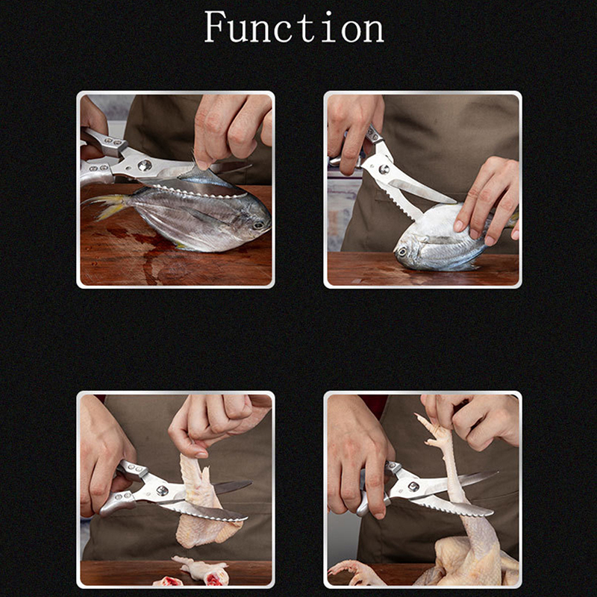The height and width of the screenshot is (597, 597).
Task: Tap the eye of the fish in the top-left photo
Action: click(259, 225)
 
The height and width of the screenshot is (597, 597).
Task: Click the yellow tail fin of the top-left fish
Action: click(107, 206)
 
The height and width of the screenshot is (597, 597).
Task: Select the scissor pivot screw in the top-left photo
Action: click(145, 166)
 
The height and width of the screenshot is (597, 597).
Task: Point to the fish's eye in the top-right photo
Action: click(401, 251)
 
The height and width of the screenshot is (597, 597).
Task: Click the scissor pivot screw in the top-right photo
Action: click(384, 169)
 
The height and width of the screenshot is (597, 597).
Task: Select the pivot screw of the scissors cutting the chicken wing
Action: click(162, 491)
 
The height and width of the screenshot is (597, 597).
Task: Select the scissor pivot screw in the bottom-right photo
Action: click(413, 487)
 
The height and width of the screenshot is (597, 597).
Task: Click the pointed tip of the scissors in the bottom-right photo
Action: click(496, 472)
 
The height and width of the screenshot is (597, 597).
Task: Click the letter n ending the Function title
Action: click(375, 31)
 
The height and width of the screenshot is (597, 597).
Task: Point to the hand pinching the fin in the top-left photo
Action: click(232, 129)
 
